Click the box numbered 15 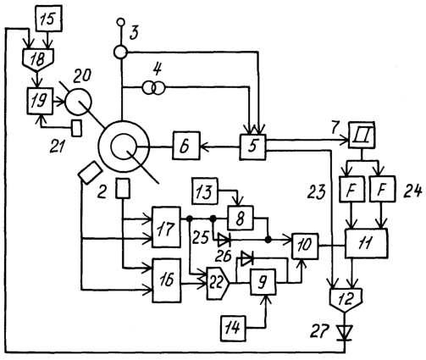[x=49, y=19]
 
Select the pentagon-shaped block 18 [x=38, y=59]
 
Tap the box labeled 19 [x=40, y=101]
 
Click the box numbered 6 [x=186, y=146]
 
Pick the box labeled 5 [x=253, y=147]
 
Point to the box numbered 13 [x=205, y=191]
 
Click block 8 [x=241, y=218]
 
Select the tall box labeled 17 [x=166, y=227]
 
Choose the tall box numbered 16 [x=167, y=280]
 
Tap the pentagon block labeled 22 [x=219, y=283]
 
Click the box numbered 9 [x=263, y=282]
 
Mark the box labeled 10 [x=305, y=246]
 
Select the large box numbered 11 [x=366, y=243]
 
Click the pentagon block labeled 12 [x=346, y=300]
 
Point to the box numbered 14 [x=235, y=328]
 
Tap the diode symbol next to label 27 [x=345, y=333]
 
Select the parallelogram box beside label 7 [x=362, y=135]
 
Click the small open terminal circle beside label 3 [x=121, y=21]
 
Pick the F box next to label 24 [x=382, y=189]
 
